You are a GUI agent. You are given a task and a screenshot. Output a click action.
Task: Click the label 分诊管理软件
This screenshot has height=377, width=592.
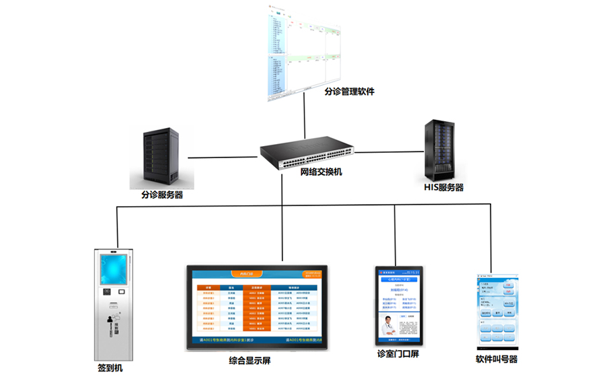click(x=349, y=91)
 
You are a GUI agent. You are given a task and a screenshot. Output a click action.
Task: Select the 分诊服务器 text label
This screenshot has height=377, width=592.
click(x=162, y=195)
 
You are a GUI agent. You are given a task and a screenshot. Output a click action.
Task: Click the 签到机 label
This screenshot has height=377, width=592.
click(x=110, y=368)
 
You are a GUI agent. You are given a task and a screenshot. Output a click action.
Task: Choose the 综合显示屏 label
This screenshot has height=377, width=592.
click(x=250, y=361)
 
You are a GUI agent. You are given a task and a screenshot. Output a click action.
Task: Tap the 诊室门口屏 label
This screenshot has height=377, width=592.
click(x=398, y=353)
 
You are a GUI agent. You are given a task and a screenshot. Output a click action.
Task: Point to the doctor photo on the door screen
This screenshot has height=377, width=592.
click(x=388, y=329)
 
